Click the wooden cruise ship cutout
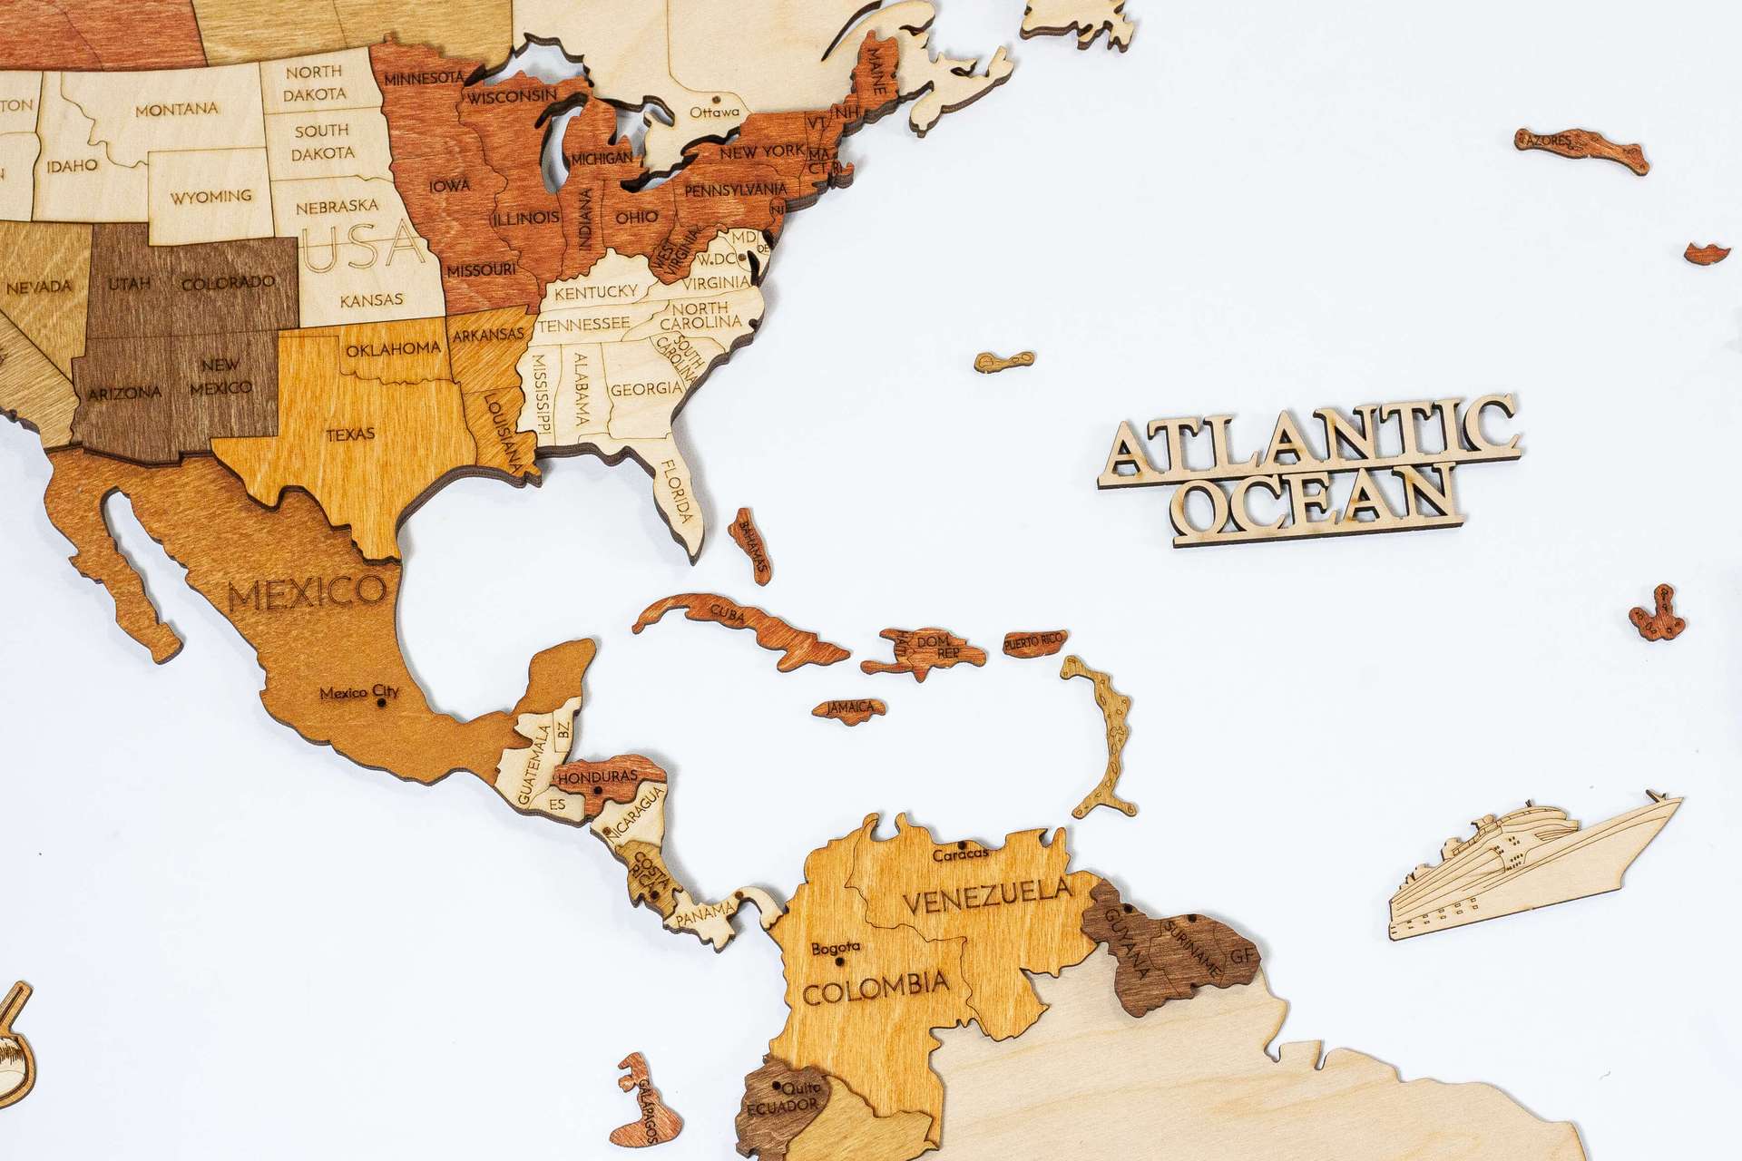click(1533, 870)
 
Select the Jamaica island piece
click(850, 707)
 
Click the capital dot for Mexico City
click(381, 701)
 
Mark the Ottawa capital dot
click(718, 98)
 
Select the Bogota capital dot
click(840, 961)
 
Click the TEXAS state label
click(350, 434)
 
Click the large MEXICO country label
click(307, 593)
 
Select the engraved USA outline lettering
click(363, 246)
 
